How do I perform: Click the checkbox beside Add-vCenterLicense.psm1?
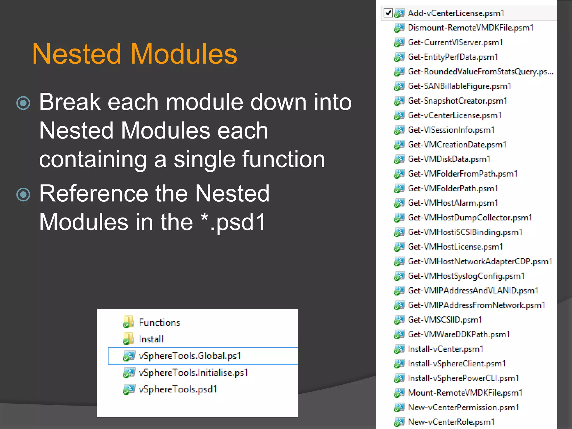pyautogui.click(x=388, y=13)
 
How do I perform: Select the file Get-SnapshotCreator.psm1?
pyautogui.click(x=457, y=101)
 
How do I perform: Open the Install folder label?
pyautogui.click(x=151, y=339)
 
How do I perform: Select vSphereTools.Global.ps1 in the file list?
pyautogui.click(x=190, y=356)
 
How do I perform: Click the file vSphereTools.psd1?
pyautogui.click(x=178, y=389)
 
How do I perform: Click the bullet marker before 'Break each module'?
pyautogui.click(x=23, y=103)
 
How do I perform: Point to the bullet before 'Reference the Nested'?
pyautogui.click(x=23, y=194)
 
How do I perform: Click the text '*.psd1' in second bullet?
pyautogui.click(x=233, y=222)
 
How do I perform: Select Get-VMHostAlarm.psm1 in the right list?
pyautogui.click(x=453, y=203)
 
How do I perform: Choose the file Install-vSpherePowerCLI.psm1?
pyautogui.click(x=463, y=378)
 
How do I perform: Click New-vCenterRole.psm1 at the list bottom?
pyautogui.click(x=451, y=422)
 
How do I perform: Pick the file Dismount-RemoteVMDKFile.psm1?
pyautogui.click(x=471, y=28)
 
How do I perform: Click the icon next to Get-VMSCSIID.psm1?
pyautogui.click(x=399, y=320)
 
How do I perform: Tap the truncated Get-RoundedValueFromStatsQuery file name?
pyautogui.click(x=480, y=72)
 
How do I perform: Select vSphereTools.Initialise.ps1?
pyautogui.click(x=193, y=373)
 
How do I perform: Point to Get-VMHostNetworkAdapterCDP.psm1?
pyautogui.click(x=480, y=261)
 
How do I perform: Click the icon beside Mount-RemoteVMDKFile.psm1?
pyautogui.click(x=399, y=393)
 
